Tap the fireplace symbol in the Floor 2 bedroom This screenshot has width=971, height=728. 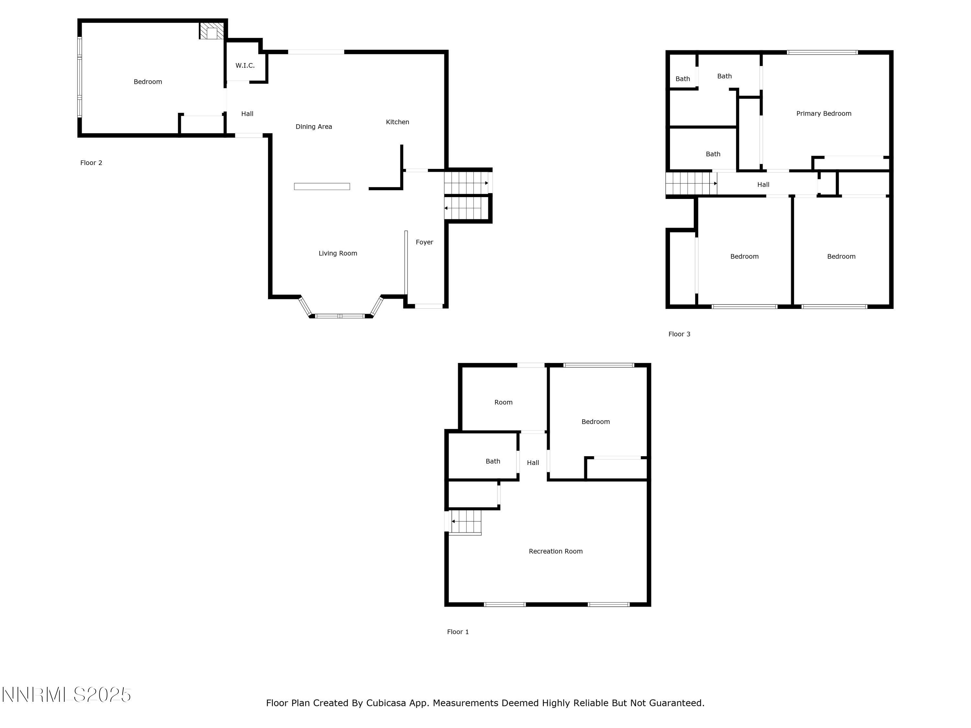click(x=212, y=31)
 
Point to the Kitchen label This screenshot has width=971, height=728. click(x=397, y=122)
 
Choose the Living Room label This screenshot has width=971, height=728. click(x=338, y=253)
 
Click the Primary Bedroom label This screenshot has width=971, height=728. click(x=823, y=113)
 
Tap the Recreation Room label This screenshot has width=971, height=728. click(x=555, y=551)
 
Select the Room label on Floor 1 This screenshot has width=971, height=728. click(x=503, y=402)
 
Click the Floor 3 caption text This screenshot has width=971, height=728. click(x=679, y=334)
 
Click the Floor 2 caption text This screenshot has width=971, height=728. click(x=91, y=163)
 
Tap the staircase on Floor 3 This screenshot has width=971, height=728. click(x=690, y=183)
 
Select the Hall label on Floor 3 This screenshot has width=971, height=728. click(x=763, y=185)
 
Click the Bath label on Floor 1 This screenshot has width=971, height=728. click(x=493, y=461)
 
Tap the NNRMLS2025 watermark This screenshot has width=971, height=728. click(x=67, y=695)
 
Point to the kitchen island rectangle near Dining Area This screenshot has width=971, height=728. click(x=322, y=186)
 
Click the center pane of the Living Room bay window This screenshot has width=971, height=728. click(x=340, y=316)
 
